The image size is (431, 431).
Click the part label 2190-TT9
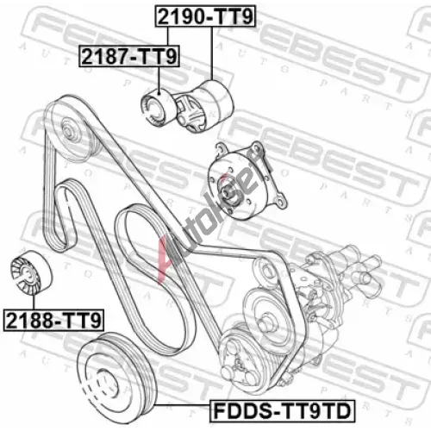coord(205,16)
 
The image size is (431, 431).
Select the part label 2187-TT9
coord(129,56)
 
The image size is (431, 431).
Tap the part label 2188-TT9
coord(53,320)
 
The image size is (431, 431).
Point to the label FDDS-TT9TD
coord(283,411)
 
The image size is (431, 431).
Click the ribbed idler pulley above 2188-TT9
coord(31,272)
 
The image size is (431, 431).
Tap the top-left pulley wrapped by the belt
coord(72,128)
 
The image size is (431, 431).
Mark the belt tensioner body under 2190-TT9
coord(204,106)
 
